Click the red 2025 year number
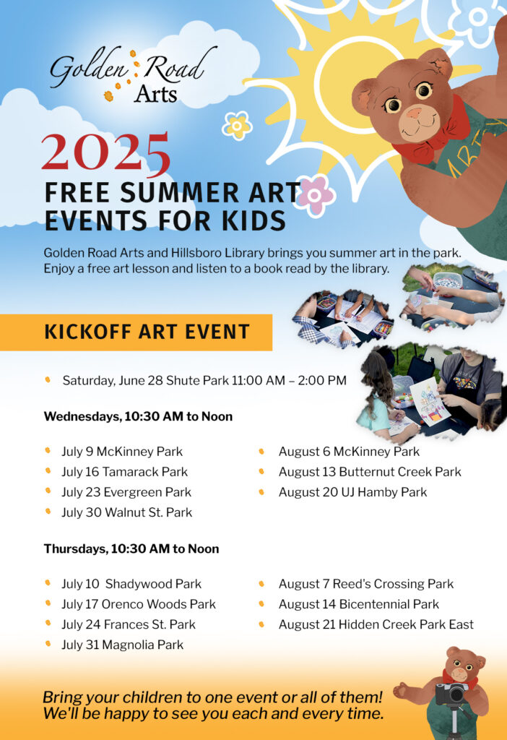pyautogui.click(x=105, y=155)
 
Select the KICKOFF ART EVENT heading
pyautogui.click(x=147, y=332)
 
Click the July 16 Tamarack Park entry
pyautogui.click(x=124, y=472)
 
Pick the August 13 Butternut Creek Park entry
pyautogui.click(x=370, y=472)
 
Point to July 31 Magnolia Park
pyautogui.click(x=122, y=645)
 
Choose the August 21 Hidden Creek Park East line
pyautogui.click(x=376, y=624)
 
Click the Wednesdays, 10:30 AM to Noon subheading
pyautogui.click(x=138, y=416)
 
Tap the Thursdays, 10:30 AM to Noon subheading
pyautogui.click(x=131, y=548)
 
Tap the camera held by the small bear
pyautogui.click(x=451, y=694)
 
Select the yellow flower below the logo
pyautogui.click(x=237, y=126)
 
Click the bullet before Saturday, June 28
pyautogui.click(x=48, y=379)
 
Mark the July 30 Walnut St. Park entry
pyautogui.click(x=126, y=512)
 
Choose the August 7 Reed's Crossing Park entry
pyautogui.click(x=366, y=584)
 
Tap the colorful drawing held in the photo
pyautogui.click(x=430, y=400)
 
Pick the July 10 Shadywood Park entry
pyautogui.click(x=131, y=584)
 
